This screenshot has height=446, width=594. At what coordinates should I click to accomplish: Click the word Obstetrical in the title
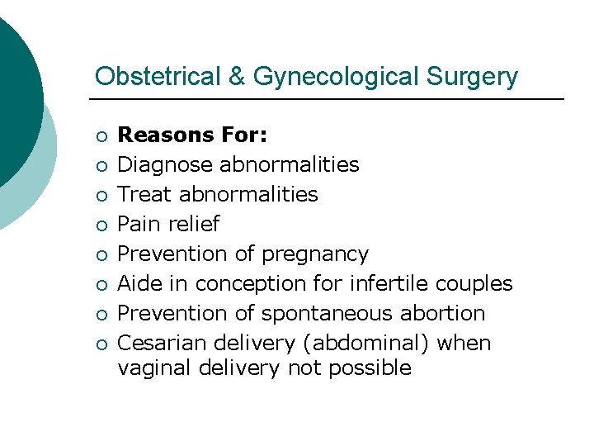156,77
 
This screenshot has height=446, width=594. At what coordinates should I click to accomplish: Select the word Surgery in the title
473,77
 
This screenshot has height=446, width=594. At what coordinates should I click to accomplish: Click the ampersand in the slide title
236,77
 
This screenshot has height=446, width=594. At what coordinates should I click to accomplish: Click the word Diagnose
165,164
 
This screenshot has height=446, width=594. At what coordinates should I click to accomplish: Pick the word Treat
145,194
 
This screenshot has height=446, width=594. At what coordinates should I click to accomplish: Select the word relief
194,224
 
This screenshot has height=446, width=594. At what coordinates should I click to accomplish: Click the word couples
474,283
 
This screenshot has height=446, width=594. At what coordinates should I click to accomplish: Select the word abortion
445,313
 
